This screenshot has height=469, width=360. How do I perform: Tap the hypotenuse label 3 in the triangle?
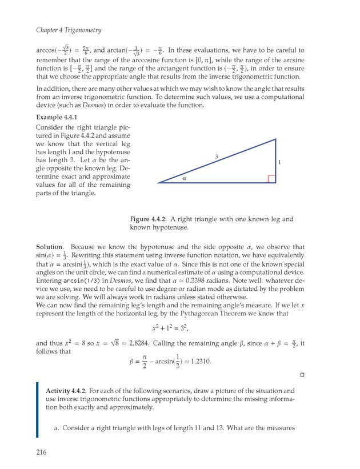point(217,156)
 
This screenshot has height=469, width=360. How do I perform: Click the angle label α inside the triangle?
point(184,178)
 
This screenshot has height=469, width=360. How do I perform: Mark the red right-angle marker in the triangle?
point(271,179)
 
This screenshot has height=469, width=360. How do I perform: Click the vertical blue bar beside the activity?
point(37,410)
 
